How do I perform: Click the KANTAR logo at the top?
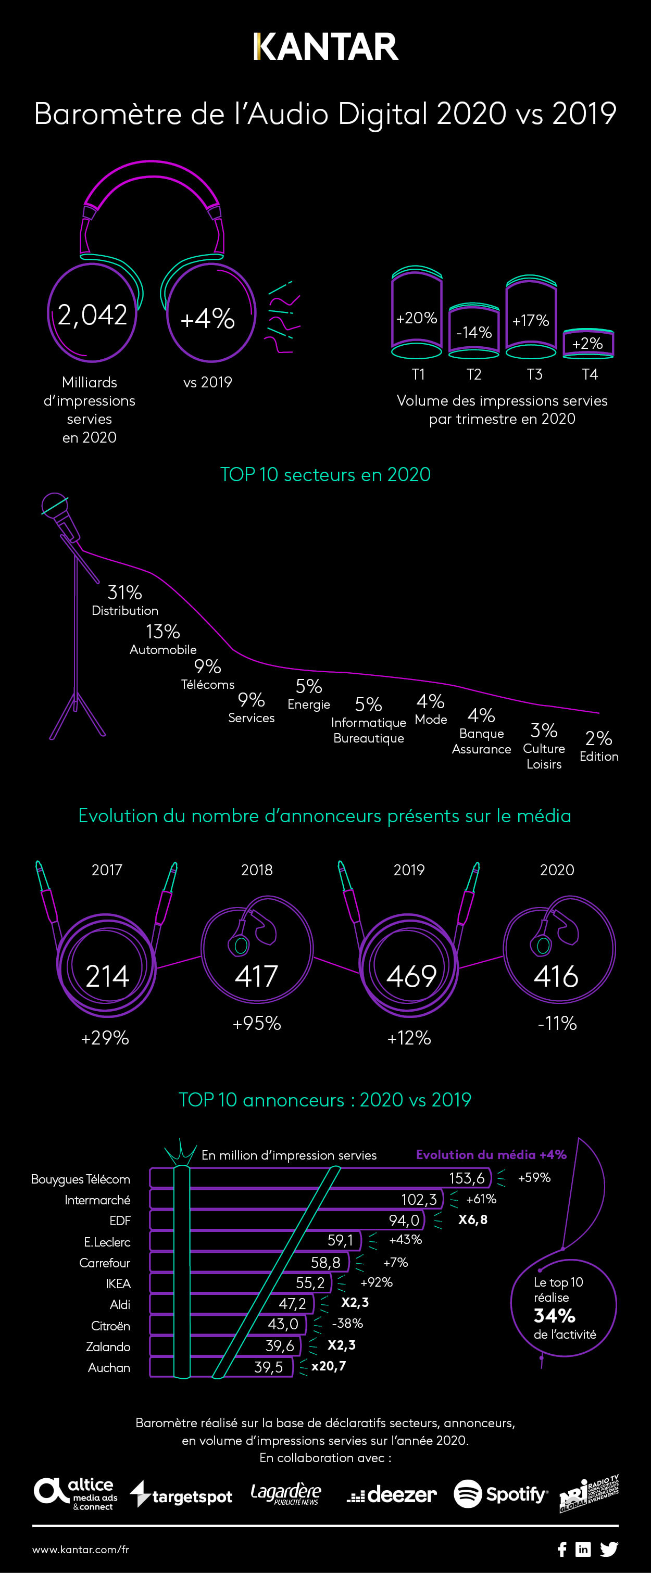click(325, 47)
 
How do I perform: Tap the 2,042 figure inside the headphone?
click(92, 315)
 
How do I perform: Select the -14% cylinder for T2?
click(474, 332)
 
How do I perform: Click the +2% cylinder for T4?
click(587, 343)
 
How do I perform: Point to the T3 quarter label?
click(534, 374)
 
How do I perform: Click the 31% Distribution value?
click(124, 593)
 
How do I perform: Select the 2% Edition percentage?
click(598, 738)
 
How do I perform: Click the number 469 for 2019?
click(411, 976)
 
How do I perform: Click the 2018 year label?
click(256, 870)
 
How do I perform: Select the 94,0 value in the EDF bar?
click(404, 1220)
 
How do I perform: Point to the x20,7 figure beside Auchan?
click(329, 1366)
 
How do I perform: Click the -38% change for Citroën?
click(347, 1323)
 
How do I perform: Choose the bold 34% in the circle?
click(555, 1315)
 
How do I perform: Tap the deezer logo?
click(392, 1494)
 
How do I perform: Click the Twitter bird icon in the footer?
click(609, 1549)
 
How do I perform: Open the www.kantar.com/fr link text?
click(81, 1549)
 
